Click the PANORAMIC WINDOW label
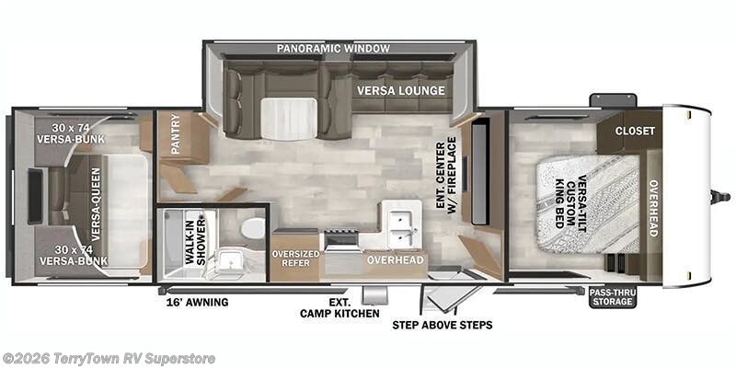tap(333, 49)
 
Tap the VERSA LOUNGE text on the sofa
tap(400, 90)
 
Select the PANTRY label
tap(176, 133)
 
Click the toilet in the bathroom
tap(254, 229)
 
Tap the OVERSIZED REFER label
tap(295, 259)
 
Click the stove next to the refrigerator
tap(340, 239)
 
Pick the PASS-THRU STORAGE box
tap(613, 297)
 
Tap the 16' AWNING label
tap(197, 303)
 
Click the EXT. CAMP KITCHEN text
tap(339, 307)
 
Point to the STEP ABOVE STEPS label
tap(443, 325)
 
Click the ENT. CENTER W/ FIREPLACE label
tap(446, 176)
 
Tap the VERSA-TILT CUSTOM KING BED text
tap(570, 201)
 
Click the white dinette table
tap(289, 120)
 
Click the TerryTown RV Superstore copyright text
tap(109, 359)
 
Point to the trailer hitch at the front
tap(720, 196)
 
